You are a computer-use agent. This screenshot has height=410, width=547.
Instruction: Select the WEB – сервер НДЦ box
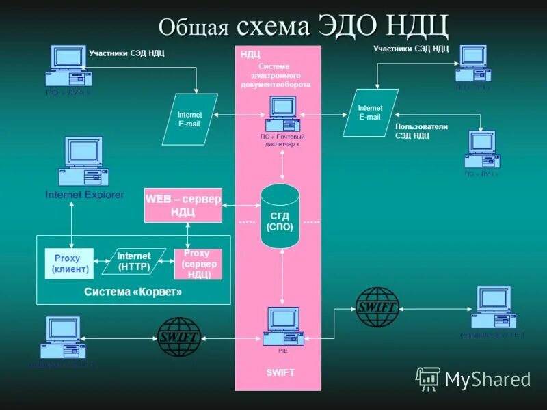click(x=183, y=204)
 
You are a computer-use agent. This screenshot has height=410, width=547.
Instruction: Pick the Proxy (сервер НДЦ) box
click(x=198, y=264)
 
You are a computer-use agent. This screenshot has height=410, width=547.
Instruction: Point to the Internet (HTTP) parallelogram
click(x=134, y=261)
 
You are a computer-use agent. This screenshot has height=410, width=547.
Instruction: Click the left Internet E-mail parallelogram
click(x=189, y=119)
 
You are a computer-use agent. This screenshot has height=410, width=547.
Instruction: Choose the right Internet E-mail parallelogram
click(x=371, y=112)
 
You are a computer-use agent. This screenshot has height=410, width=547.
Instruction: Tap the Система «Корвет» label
click(x=133, y=292)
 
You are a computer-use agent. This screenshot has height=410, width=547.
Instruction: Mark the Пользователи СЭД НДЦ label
click(x=421, y=131)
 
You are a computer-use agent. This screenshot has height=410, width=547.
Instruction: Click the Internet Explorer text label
click(x=85, y=195)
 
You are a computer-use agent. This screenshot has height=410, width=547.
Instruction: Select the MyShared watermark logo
click(x=474, y=379)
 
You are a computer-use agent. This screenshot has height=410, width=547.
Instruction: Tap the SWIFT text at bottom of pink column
click(x=280, y=372)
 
